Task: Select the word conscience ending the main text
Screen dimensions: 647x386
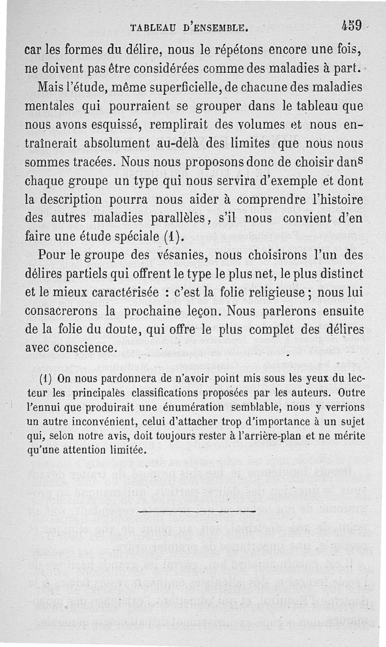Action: (86, 348)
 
